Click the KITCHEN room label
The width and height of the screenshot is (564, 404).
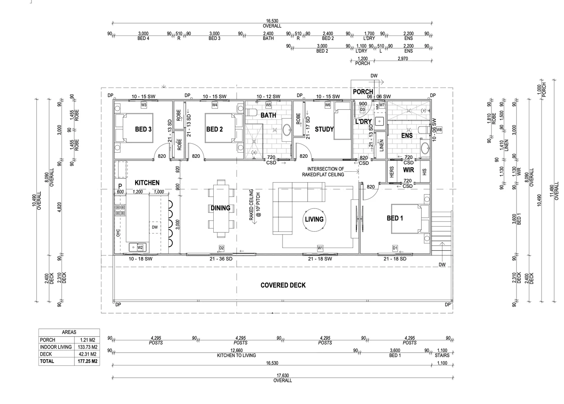click(147, 183)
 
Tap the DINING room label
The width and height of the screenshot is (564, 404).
click(220, 208)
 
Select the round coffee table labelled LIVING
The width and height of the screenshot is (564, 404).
click(314, 219)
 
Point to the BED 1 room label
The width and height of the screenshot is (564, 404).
click(395, 218)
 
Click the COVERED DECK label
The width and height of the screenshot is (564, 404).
click(283, 285)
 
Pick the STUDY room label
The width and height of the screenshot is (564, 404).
click(324, 129)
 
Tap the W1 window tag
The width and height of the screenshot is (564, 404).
click(320, 248)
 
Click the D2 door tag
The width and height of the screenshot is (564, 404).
click(222, 248)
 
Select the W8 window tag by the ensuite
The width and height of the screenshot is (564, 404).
click(439, 130)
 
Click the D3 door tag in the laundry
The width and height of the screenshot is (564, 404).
click(362, 110)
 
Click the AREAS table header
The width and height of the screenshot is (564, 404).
click(69, 332)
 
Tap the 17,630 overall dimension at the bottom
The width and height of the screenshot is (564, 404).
click(283, 376)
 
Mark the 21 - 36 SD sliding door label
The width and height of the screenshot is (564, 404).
click(221, 259)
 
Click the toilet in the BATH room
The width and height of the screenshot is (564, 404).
click(252, 112)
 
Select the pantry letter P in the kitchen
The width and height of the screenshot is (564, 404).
click(120, 186)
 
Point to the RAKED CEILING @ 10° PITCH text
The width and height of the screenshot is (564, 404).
click(254, 206)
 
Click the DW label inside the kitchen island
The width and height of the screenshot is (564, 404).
click(155, 227)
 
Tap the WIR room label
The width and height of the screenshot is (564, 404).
click(408, 170)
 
